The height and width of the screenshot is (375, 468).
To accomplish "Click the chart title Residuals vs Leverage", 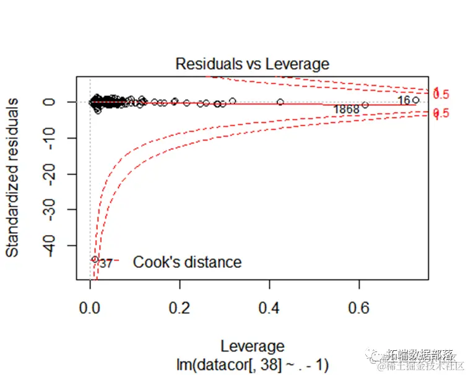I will click(x=252, y=64).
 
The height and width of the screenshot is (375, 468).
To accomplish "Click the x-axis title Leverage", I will click(x=252, y=346).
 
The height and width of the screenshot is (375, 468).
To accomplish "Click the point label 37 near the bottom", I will click(x=106, y=263).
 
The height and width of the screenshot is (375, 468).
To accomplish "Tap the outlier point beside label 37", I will click(x=95, y=259).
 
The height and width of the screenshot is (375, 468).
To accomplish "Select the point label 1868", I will click(x=346, y=110).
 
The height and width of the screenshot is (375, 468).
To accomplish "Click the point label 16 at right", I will click(x=404, y=100).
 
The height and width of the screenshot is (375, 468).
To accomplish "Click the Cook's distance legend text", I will click(x=187, y=262).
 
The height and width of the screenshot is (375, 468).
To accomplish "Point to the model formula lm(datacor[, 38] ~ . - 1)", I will click(x=252, y=363).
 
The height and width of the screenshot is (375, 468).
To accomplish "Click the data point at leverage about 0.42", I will click(x=280, y=102).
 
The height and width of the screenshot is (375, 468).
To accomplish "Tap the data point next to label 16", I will click(x=416, y=100).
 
